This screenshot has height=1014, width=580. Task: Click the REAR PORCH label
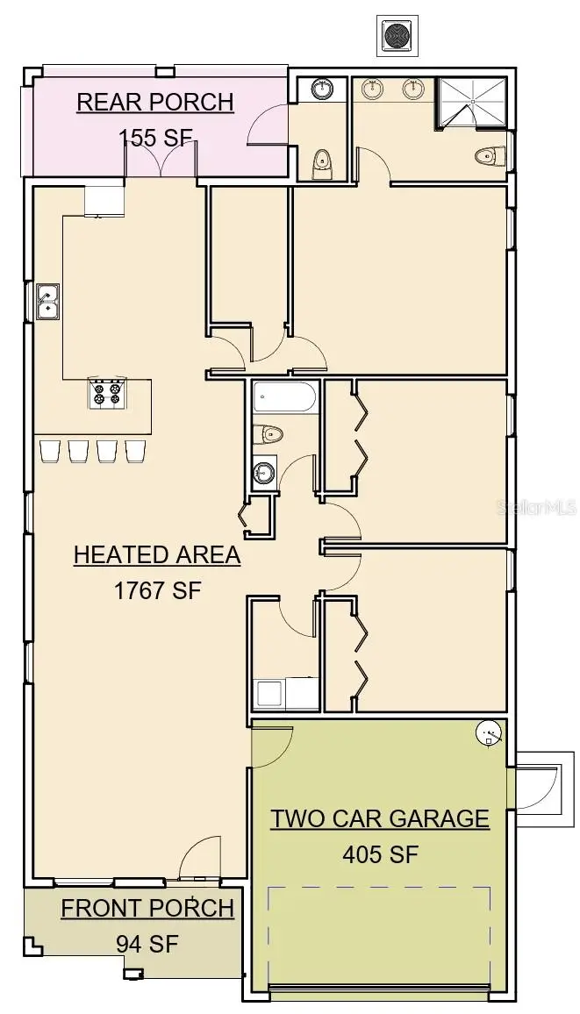pyautogui.click(x=155, y=103)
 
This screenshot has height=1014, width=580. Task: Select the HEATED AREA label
pyautogui.click(x=157, y=555)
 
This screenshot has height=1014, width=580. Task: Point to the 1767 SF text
pyautogui.click(x=158, y=590)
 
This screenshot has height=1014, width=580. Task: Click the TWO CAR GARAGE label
pyautogui.click(x=379, y=818)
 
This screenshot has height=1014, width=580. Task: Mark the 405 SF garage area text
pyautogui.click(x=380, y=853)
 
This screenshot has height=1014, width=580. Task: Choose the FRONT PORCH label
pyautogui.click(x=147, y=909)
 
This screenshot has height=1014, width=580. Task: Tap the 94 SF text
pyautogui.click(x=147, y=944)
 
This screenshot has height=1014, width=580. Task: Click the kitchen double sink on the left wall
pyautogui.click(x=47, y=301)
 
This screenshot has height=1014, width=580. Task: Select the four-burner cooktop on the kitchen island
pyautogui.click(x=107, y=394)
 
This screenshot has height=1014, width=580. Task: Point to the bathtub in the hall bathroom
pyautogui.click(x=284, y=400)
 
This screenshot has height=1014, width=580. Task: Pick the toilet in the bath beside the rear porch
pyautogui.click(x=322, y=161)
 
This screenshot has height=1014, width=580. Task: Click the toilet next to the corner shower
pyautogui.click(x=488, y=156)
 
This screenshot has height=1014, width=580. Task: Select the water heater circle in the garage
pyautogui.click(x=488, y=733)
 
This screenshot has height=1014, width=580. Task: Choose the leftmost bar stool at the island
pyautogui.click(x=49, y=451)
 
